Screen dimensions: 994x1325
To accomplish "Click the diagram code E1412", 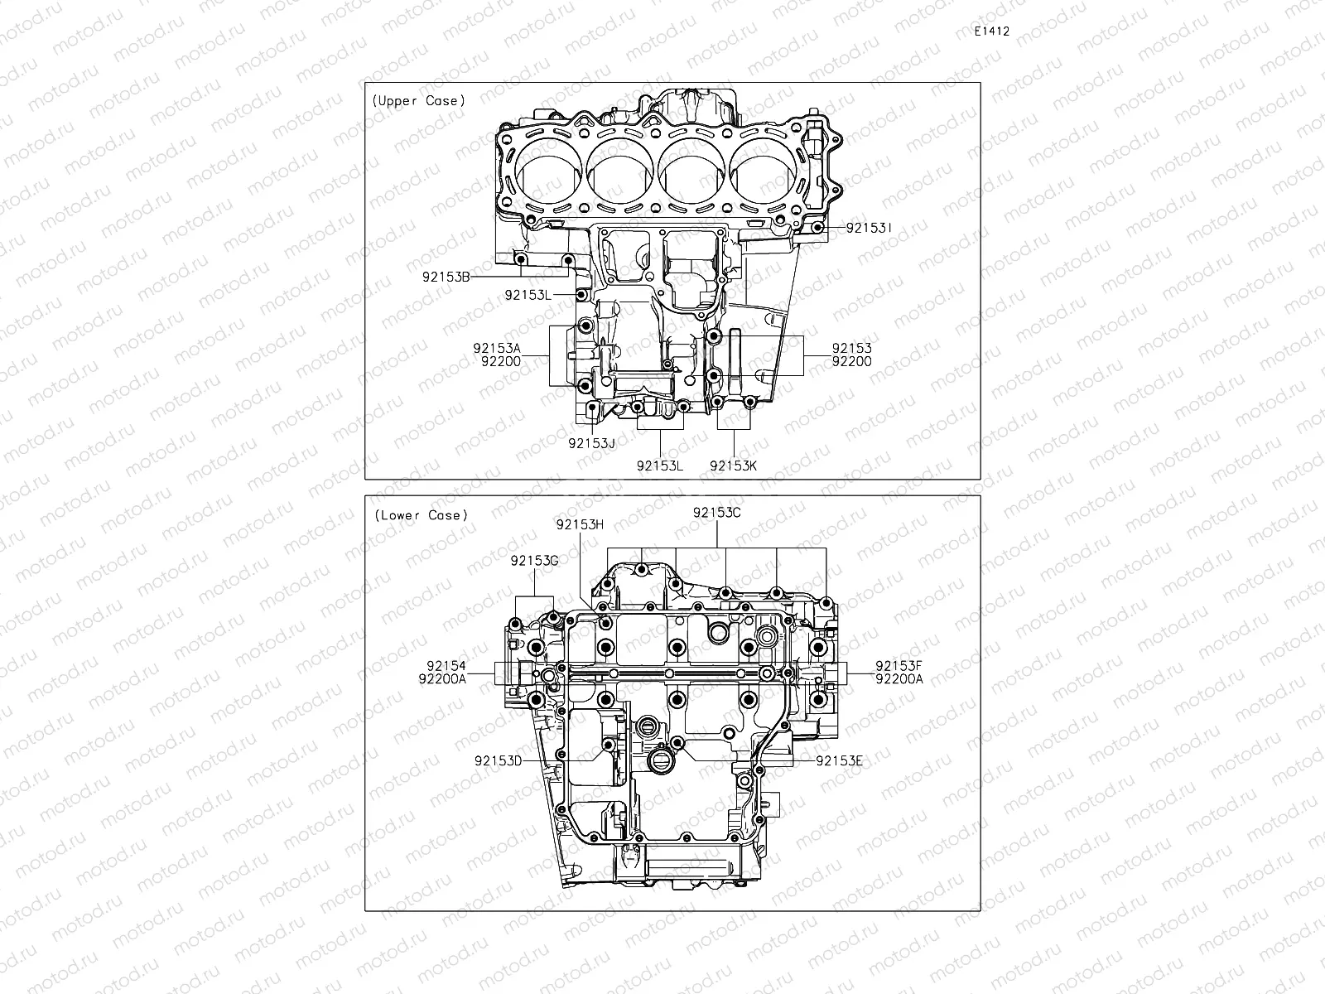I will [x=991, y=31].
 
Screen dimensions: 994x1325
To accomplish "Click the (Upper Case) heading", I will [x=418, y=100].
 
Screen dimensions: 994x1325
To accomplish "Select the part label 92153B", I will [x=446, y=277].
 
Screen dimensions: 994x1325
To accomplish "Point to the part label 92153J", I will [x=591, y=443].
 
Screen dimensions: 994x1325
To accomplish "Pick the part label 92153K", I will [x=733, y=466].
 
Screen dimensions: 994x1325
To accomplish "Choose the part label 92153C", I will [x=716, y=513].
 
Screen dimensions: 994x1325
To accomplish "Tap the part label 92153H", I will [x=580, y=524].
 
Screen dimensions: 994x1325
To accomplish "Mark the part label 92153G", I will [x=534, y=561].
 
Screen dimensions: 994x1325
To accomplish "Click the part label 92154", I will [x=446, y=666].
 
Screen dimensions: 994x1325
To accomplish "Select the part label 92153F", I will [x=899, y=666].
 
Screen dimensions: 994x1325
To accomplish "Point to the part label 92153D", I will [x=499, y=760].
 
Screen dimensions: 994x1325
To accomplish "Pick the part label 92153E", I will [x=839, y=760].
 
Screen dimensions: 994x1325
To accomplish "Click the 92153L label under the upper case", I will [x=660, y=466].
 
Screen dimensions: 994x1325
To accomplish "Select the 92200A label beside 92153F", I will [x=899, y=679].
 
